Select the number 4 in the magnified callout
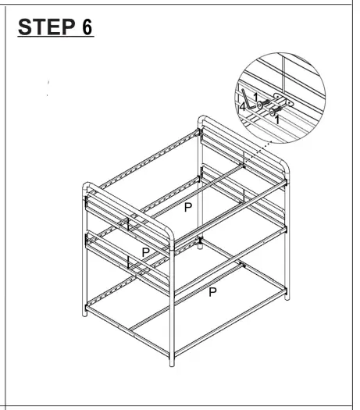(243, 105)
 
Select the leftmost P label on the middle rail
(146, 252)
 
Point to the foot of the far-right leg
(288, 300)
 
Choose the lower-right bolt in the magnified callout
(275, 113)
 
